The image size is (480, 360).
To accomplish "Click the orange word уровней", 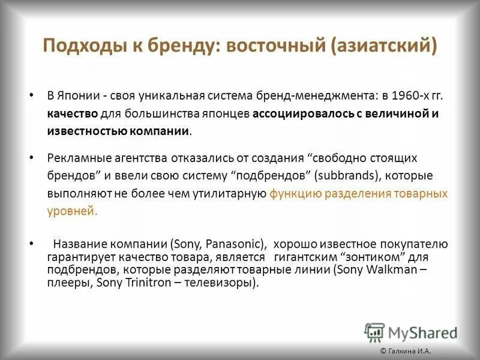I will (71, 211).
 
